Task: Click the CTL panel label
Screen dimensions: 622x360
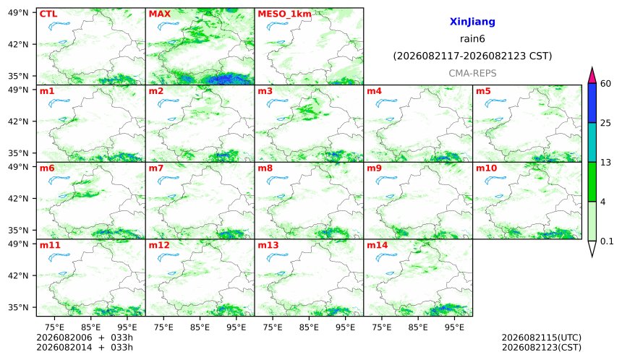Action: [48, 14]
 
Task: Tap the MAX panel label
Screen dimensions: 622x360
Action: [159, 14]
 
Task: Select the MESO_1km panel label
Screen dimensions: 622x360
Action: [284, 14]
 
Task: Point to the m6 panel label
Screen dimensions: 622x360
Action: [47, 168]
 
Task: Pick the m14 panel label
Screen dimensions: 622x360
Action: [378, 245]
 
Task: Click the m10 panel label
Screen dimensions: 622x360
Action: [486, 168]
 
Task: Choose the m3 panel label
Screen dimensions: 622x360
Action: [265, 91]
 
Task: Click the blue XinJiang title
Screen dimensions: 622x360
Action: [472, 22]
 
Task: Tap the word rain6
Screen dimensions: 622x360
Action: [472, 39]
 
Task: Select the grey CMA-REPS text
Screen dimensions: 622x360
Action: [472, 73]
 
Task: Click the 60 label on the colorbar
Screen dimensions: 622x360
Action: [606, 84]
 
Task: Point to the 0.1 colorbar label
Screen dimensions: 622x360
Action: [607, 241]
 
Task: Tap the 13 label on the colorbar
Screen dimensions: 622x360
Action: [606, 163]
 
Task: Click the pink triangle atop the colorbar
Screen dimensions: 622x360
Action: [592, 75]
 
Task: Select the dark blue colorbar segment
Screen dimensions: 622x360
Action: [592, 103]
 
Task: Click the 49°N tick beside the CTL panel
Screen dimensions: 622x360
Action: [18, 13]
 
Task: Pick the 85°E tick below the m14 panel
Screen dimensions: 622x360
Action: [418, 327]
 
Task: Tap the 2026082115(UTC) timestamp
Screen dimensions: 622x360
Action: [542, 338]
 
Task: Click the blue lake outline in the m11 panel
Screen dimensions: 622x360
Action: [59, 257]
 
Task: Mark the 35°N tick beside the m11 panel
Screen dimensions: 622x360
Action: [18, 307]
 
